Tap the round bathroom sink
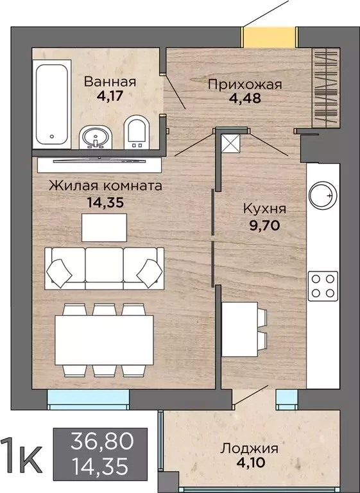tap(97, 137)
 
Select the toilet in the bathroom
tap(136, 132)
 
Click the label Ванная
tap(110, 82)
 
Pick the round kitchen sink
tap(321, 195)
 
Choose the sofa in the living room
tap(103, 266)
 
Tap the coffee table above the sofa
tap(104, 225)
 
